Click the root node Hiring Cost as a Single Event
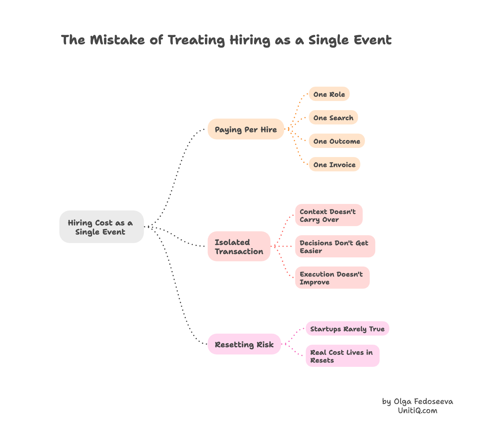click(101, 227)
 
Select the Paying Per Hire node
click(246, 129)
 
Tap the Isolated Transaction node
click(239, 247)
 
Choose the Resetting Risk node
click(244, 344)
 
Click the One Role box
click(329, 94)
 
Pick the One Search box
click(333, 118)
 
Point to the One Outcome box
click(337, 141)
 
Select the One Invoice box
click(334, 165)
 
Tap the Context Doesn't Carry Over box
click(329, 215)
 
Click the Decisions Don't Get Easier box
click(335, 247)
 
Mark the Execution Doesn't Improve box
click(332, 278)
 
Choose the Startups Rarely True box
click(347, 329)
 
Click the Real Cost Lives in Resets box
click(343, 356)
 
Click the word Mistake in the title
click(117, 40)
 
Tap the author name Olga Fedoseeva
click(423, 401)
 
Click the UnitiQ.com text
click(418, 411)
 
